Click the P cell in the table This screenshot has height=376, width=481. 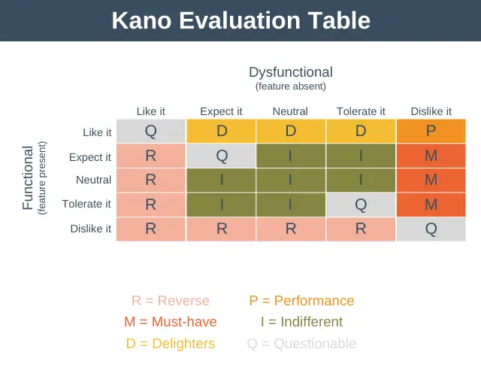(x=431, y=131)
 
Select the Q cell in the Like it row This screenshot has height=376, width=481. (x=151, y=131)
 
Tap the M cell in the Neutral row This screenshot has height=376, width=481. (x=431, y=180)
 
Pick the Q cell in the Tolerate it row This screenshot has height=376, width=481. (x=361, y=205)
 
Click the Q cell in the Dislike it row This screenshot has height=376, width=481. (x=431, y=229)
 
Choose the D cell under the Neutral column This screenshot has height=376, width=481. (x=291, y=131)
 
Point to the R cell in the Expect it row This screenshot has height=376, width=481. (x=151, y=156)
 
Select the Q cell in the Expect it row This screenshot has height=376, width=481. (x=221, y=156)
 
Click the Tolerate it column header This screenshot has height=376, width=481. (x=361, y=111)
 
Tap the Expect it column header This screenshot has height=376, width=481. (x=221, y=111)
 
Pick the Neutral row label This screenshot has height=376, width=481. (x=93, y=180)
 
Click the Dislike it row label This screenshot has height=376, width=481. (x=91, y=229)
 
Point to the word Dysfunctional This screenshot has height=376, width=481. (x=291, y=72)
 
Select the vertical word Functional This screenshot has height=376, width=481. (x=28, y=177)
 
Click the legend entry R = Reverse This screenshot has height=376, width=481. (x=171, y=301)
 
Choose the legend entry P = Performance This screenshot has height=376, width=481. (x=301, y=301)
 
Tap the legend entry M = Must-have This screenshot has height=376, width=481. (x=171, y=322)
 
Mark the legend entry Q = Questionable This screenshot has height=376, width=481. (x=301, y=344)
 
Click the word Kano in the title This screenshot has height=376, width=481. (x=141, y=20)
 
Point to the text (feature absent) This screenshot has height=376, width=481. (x=291, y=86)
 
